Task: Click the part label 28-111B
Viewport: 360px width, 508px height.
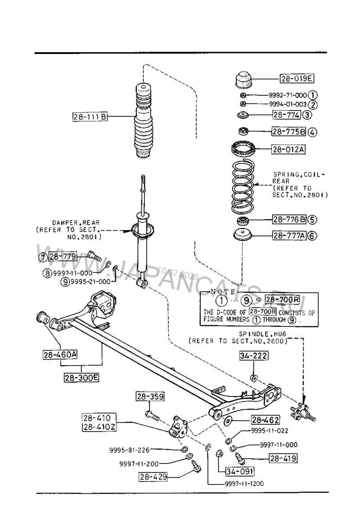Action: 90,116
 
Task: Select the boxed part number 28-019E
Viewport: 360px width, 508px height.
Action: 297,79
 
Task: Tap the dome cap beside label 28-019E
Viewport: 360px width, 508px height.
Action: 243,80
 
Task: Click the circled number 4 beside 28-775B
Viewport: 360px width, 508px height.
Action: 312,132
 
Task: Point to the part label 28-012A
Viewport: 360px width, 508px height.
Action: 288,149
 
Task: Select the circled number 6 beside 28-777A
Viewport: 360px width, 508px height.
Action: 312,236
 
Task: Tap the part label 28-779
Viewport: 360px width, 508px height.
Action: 63,257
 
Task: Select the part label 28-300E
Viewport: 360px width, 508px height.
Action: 81,378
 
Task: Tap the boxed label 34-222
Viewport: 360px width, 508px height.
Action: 254,356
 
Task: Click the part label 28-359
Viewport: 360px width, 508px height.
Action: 150,396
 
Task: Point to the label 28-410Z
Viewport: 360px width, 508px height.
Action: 99,427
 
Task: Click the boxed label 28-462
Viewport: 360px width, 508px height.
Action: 265,420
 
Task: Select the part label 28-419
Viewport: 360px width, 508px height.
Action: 283,459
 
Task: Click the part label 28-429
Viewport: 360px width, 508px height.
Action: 153,477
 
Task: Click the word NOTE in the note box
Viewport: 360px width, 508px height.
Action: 224,292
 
